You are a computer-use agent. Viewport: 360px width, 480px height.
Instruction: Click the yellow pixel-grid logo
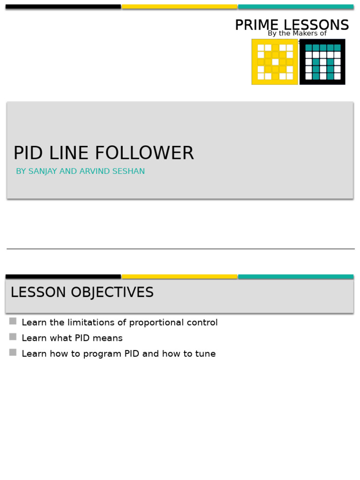[275, 62]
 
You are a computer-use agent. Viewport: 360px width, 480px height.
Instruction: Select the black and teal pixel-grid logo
[322, 62]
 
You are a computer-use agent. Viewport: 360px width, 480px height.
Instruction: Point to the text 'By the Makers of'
[297, 34]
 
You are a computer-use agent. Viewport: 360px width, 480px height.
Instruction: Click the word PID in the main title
[28, 154]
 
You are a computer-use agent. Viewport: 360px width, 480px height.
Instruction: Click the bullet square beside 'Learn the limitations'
[13, 321]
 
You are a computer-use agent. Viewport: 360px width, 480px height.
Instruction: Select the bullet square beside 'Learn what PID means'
[13, 337]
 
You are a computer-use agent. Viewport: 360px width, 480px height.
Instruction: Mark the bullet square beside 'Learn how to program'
[13, 352]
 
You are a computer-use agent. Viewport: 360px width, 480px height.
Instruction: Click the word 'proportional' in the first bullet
[157, 323]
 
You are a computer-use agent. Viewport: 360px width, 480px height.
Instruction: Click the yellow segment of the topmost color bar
[180, 7]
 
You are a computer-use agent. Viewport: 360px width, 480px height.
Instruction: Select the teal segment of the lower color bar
[296, 277]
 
